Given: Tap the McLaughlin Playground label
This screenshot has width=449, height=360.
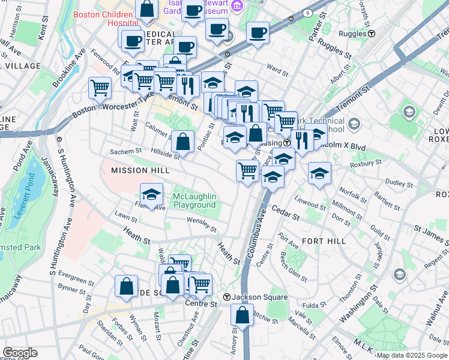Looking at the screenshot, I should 194,201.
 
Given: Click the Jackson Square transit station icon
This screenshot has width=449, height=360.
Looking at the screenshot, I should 227,298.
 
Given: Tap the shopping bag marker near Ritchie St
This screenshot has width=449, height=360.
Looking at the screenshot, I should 241,315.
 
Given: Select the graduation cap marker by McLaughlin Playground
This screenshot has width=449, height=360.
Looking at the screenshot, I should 151,194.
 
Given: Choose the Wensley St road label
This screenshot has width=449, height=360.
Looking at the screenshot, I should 201,224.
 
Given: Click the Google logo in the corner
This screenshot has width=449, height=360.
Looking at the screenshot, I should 20,353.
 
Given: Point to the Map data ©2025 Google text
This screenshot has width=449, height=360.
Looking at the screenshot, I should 411,355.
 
